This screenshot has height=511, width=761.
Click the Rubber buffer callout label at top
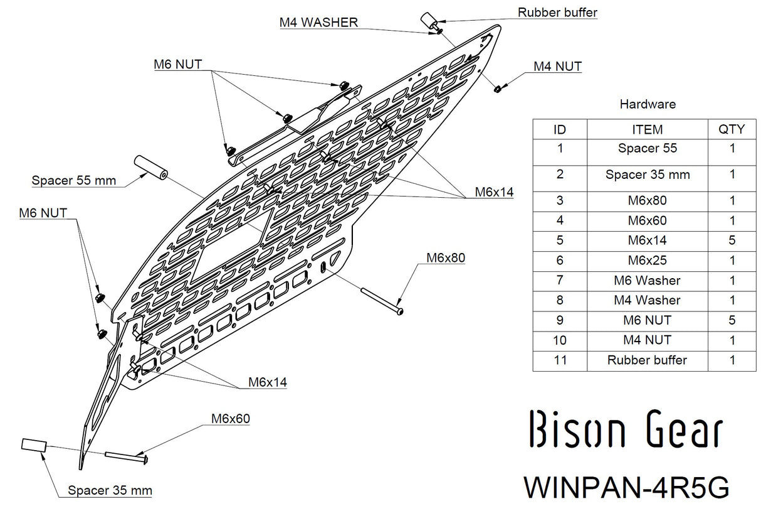557,12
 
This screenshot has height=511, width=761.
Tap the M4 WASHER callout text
318,23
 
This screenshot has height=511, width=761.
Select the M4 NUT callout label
557,66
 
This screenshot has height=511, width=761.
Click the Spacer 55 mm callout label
74,181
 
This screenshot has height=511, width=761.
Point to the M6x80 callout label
445,257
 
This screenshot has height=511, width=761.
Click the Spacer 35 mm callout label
110,490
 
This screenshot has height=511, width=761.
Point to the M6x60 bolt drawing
127,458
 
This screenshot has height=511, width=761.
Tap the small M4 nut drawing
497,89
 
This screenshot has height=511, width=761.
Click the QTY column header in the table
732,129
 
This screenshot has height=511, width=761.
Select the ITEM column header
647,129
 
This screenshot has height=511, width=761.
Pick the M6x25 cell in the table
647,260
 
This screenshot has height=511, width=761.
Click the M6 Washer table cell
647,280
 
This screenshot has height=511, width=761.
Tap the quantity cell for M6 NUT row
732,320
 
